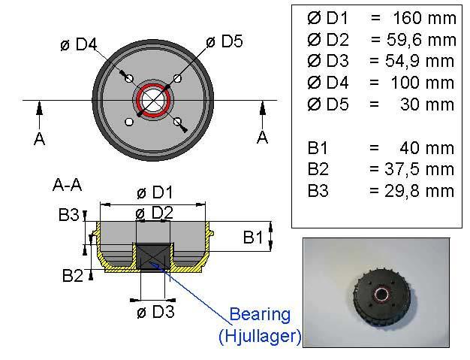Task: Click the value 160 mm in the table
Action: (x=424, y=18)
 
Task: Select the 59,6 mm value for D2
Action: (x=421, y=40)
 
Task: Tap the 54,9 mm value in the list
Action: (x=420, y=61)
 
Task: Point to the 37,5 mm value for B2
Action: (x=420, y=170)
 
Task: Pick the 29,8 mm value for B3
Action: (x=420, y=191)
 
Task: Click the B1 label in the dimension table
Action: (x=318, y=148)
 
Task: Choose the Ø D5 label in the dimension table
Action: (x=328, y=104)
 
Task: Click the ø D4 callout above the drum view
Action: (x=79, y=44)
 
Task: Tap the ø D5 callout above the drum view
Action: (x=224, y=41)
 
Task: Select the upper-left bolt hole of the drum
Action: (x=129, y=79)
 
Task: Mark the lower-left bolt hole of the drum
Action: (x=129, y=122)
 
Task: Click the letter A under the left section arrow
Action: (x=40, y=139)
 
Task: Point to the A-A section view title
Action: (x=67, y=185)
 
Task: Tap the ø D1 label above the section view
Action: (x=155, y=192)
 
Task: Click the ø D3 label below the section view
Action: (x=155, y=312)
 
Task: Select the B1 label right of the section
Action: (x=253, y=237)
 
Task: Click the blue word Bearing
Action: (x=260, y=315)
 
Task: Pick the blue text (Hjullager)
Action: (x=260, y=336)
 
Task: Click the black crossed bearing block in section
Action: (x=153, y=257)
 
